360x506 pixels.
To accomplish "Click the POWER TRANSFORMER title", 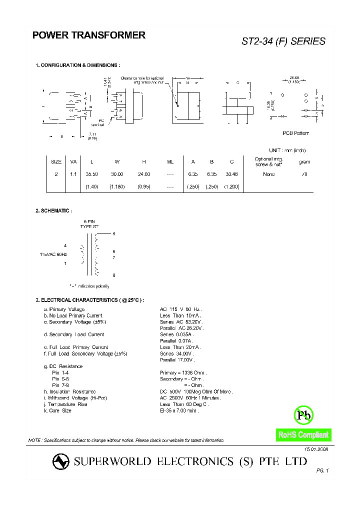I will pos(89,35).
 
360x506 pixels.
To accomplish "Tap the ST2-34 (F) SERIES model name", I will pos(283,41).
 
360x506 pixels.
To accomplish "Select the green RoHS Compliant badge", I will pos(303,435).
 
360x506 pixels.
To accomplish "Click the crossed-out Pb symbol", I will pos(302,414).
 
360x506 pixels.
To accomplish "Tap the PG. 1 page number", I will pos(322,470).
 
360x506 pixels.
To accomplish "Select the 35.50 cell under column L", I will pos(91,174).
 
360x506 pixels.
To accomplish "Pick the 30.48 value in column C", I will pos(232,174).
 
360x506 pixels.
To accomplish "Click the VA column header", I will pos(73,161).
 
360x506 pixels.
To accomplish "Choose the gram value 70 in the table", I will pos(304,174).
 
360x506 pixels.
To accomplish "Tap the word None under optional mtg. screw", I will pos(269,174).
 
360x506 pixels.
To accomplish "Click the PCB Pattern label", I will pos(296,133).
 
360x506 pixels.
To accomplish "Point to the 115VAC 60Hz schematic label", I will pos(53,254).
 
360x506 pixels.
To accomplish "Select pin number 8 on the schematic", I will pos(114,275).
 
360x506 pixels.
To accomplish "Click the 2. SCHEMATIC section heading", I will pos(53,211).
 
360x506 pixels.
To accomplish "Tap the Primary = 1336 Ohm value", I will pos(183,372).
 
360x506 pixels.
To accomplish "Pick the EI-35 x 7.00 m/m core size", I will pos(179,410).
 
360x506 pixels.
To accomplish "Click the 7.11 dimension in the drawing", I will pos(92,134).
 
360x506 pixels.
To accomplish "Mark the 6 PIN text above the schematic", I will pos(89,221).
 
